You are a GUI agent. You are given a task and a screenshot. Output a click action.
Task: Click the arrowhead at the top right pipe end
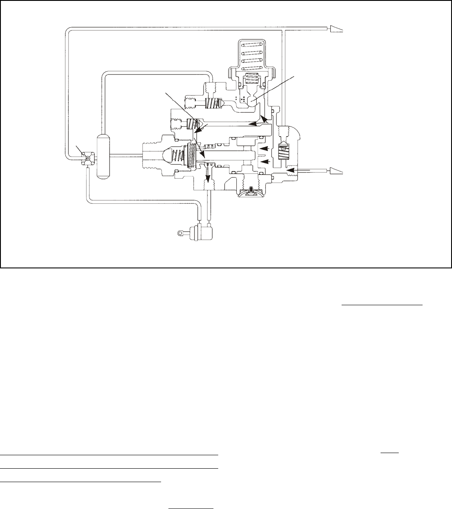[x=336, y=29]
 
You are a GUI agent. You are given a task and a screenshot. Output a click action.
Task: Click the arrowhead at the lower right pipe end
[x=336, y=171]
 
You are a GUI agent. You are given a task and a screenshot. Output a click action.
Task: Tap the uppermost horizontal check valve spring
[x=210, y=104]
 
